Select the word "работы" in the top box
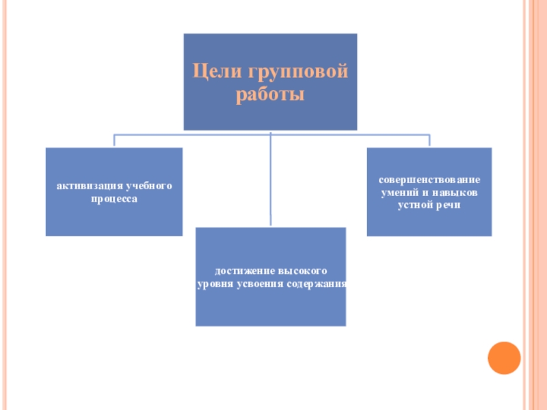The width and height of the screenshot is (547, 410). coord(270,94)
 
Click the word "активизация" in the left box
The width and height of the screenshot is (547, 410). coord(88,186)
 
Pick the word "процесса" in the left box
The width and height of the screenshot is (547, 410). coord(114,199)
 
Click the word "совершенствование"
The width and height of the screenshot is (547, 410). coord(429,180)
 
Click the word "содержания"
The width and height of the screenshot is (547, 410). coord(317,284)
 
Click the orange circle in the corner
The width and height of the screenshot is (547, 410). coord(504,357)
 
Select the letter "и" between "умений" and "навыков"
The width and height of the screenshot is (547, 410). coord(425,192)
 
